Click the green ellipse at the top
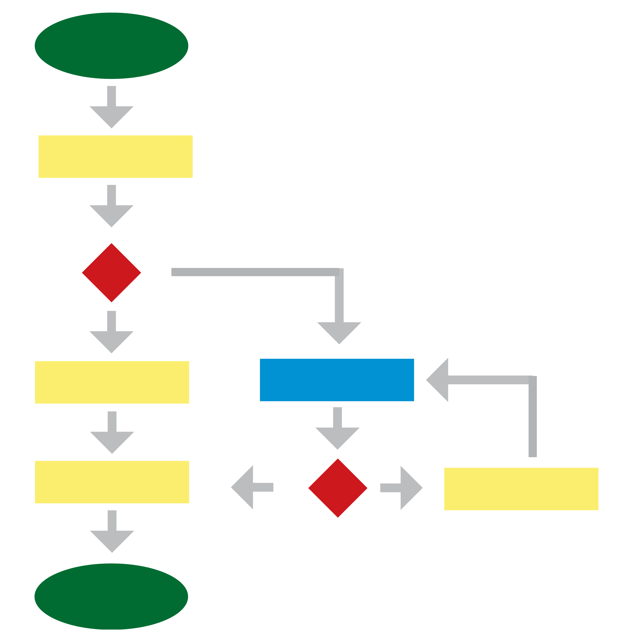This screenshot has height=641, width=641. [x=111, y=46]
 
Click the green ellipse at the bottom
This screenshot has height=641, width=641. [x=111, y=597]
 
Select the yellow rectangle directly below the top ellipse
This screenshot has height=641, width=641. [x=115, y=157]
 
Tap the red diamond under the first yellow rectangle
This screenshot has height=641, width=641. [x=111, y=273]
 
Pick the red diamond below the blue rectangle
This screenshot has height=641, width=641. [x=338, y=488]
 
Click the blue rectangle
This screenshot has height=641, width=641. [x=337, y=380]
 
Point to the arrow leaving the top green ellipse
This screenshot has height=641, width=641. [x=111, y=109]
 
